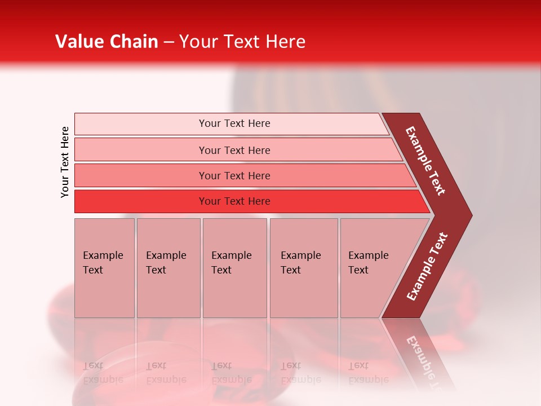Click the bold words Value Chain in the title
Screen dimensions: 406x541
107,42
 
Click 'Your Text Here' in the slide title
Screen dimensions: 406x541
242,42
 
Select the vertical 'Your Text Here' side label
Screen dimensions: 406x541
65,162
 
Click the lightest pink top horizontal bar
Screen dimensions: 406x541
141,124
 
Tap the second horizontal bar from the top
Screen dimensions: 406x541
141,150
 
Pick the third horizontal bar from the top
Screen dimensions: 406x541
141,175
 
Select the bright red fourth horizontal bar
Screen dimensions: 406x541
141,201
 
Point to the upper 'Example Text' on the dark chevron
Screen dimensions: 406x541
425,161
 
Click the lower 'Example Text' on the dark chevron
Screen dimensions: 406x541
427,267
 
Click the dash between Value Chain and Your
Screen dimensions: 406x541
168,42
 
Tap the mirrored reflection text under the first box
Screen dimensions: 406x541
103,373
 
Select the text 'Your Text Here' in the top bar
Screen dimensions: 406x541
234,123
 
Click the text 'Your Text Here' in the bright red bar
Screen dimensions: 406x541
234,201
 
